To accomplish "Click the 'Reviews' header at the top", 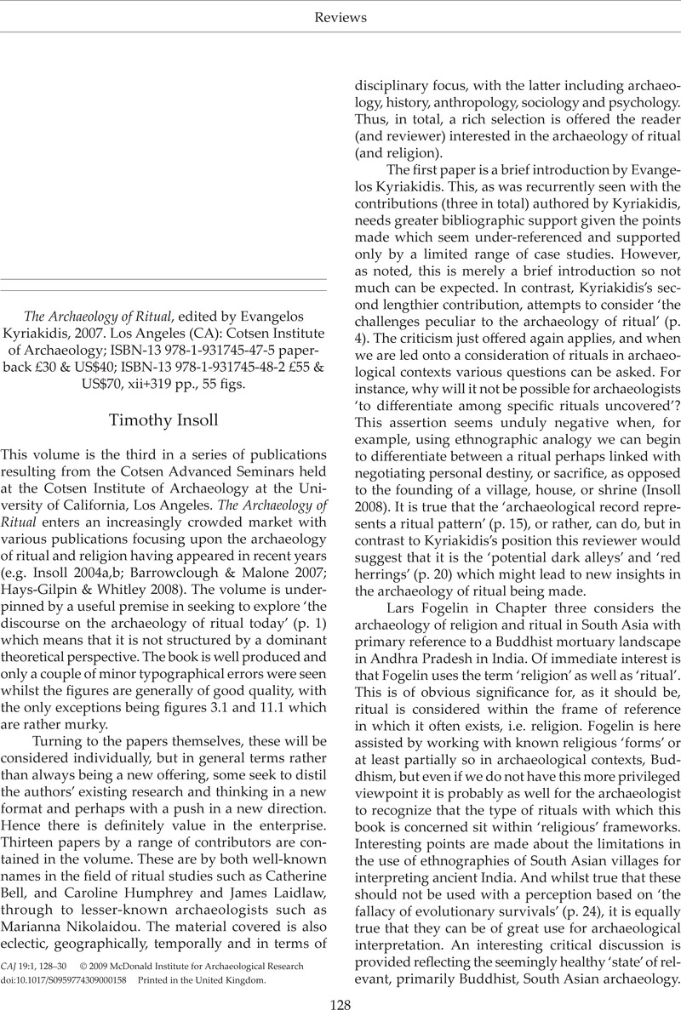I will pos(340,17).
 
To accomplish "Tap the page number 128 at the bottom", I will pos(340,999).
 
